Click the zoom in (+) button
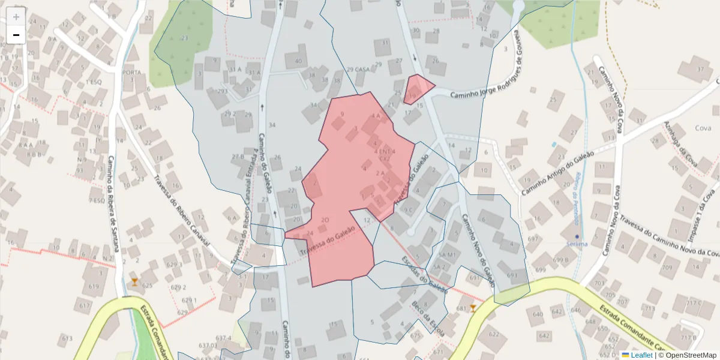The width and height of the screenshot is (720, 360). pos(16,16)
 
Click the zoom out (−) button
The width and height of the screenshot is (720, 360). pos(16,35)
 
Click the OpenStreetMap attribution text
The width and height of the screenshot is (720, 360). pos(687,355)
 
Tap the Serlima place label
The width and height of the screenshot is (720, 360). pos(577,244)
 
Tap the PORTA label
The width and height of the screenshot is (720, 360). pos(131,73)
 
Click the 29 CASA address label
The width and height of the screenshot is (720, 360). pos(358,70)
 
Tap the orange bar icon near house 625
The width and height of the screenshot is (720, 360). pos(134,281)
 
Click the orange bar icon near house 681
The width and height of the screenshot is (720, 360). pos(473,308)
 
